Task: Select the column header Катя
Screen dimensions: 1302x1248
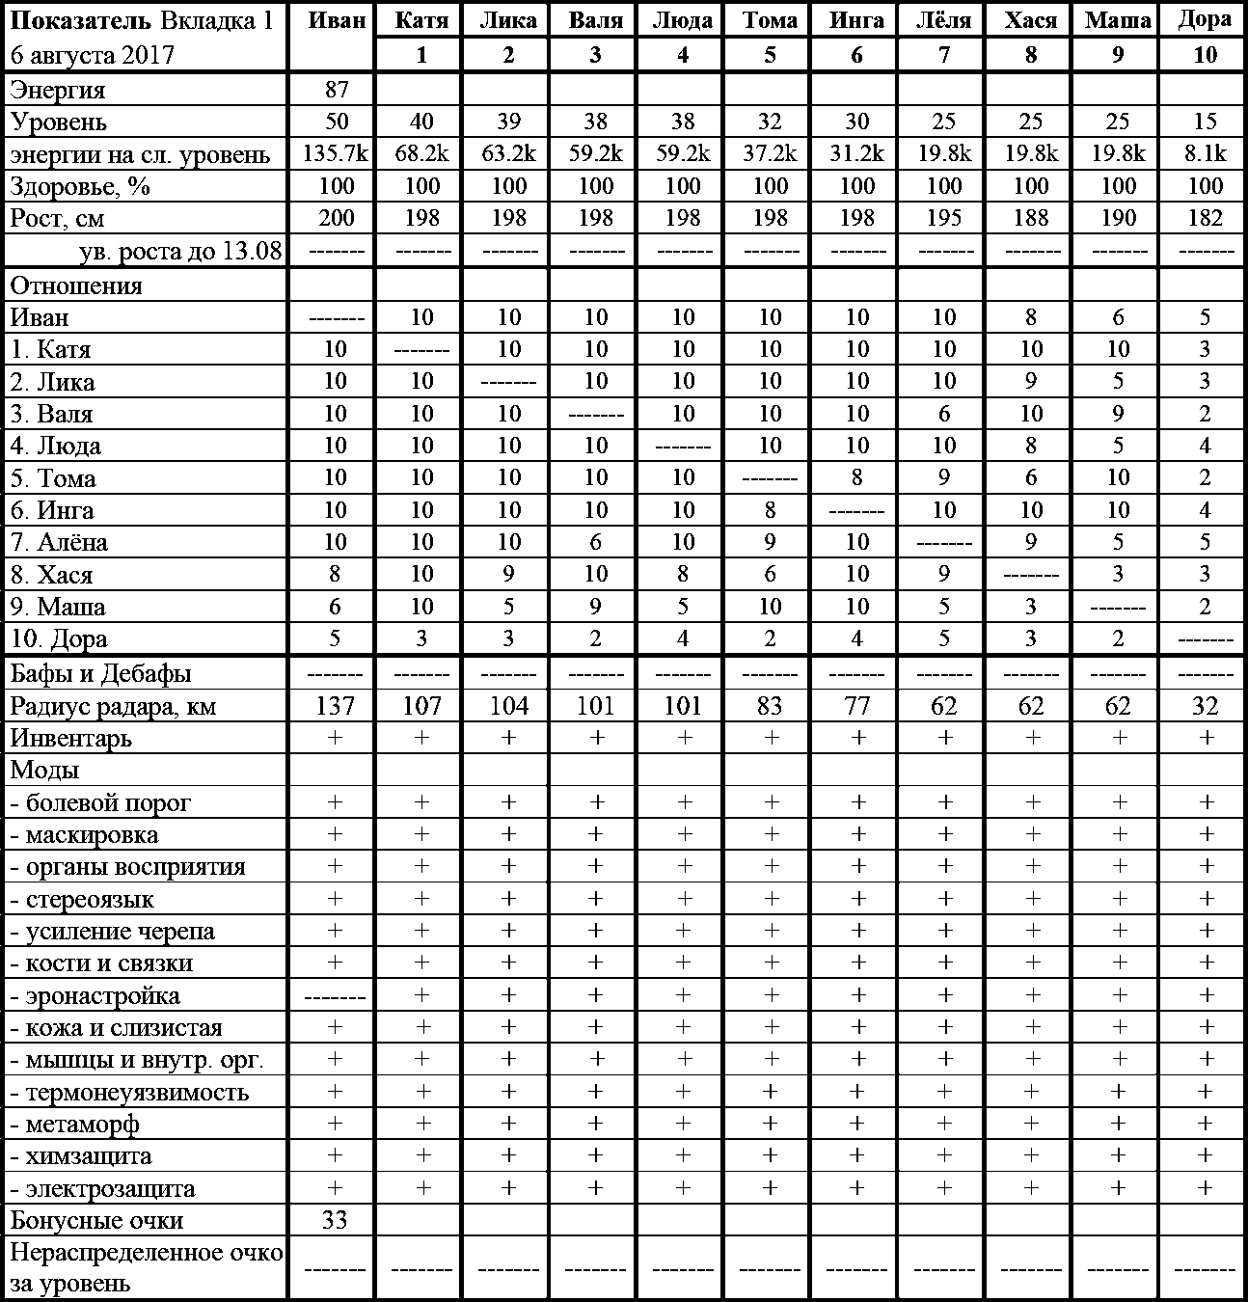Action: (421, 20)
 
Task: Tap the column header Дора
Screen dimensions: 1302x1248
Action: (1205, 20)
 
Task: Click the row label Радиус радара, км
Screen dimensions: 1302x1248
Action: (114, 707)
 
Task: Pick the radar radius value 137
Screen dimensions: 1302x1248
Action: (336, 707)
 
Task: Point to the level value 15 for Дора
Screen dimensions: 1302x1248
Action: (1205, 122)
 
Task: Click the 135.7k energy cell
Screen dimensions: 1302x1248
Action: (336, 154)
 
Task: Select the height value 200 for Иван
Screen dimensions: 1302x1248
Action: (336, 218)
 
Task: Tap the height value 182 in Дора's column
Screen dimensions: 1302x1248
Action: (1205, 218)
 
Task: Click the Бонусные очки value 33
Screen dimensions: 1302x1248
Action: (335, 1221)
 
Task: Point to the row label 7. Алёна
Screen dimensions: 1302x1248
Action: (59, 543)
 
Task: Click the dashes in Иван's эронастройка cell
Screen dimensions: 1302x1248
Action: (335, 996)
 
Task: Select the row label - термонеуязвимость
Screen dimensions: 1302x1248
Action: (129, 1093)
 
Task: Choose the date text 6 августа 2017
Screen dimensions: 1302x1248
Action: (93, 54)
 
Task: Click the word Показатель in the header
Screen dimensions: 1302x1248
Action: (81, 20)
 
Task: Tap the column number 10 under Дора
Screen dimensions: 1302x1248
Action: (1205, 55)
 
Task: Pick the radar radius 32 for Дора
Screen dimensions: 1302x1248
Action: (1205, 707)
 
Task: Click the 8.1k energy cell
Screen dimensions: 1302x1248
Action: (1205, 154)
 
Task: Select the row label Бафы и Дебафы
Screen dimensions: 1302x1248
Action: (100, 674)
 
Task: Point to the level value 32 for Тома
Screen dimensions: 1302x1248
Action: (770, 122)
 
